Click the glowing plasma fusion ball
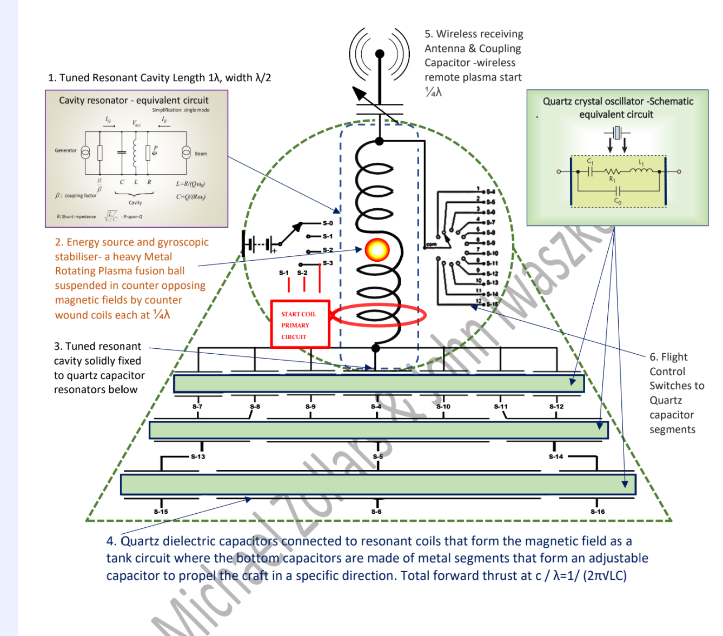click(377, 250)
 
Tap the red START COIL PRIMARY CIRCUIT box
click(300, 324)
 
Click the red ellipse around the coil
click(378, 315)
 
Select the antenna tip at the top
click(380, 54)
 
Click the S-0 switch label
click(328, 223)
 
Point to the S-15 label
click(161, 512)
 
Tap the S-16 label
click(598, 512)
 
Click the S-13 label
click(198, 456)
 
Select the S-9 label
click(310, 407)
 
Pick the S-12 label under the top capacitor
click(556, 407)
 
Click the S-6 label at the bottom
click(376, 512)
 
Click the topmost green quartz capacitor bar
click(379, 383)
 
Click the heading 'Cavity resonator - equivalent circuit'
click(134, 100)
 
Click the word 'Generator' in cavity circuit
click(65, 150)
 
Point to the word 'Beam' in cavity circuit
click(201, 154)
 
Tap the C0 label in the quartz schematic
click(618, 201)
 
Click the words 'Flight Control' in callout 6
click(668, 364)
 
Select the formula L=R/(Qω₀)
click(190, 184)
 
